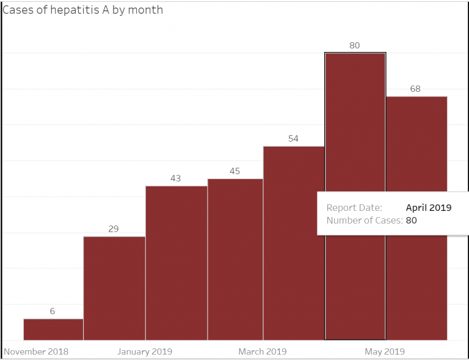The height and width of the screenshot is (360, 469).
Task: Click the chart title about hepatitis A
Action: [x=83, y=10]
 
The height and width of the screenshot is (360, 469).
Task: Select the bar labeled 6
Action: [x=53, y=329]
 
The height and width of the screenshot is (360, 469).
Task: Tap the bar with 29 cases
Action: [x=114, y=287]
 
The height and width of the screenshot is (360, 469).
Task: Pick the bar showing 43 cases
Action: [x=176, y=263]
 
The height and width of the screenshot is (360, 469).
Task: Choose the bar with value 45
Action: [x=235, y=259]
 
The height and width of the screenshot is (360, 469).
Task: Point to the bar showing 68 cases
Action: [x=416, y=153]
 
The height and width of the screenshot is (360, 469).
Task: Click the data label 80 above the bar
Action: [x=355, y=45]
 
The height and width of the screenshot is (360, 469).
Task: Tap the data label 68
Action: [x=415, y=89]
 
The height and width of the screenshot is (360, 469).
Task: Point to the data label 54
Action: [x=293, y=139]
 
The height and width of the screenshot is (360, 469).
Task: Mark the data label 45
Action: [x=234, y=171]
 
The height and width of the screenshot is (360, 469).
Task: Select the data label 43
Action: [x=175, y=178]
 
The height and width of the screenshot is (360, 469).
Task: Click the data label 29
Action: [x=114, y=229]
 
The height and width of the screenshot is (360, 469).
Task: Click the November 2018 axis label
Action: [x=36, y=351]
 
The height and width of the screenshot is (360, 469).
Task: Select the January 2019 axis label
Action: [x=145, y=351]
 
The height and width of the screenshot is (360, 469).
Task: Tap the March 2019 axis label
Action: [x=263, y=351]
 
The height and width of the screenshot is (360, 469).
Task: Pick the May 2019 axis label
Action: [x=385, y=351]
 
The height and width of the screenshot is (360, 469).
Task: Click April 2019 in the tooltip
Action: [x=429, y=208]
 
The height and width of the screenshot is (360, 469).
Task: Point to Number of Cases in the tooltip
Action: [x=364, y=220]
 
